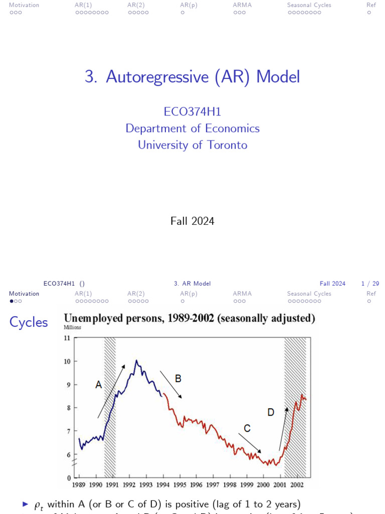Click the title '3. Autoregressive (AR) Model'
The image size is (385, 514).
(192, 77)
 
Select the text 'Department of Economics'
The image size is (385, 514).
(192, 128)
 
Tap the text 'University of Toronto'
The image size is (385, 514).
(192, 145)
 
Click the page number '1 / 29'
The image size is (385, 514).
(370, 284)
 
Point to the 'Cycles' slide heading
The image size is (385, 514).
(29, 322)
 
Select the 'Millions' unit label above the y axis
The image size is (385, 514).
(72, 327)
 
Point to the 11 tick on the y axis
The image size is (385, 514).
(67, 338)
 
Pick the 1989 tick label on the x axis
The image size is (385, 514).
(79, 485)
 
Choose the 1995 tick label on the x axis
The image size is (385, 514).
(179, 485)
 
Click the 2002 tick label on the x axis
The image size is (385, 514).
(297, 485)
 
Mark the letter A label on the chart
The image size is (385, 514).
(99, 385)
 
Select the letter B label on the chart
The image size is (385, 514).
(178, 378)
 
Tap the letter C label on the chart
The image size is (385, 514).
(247, 428)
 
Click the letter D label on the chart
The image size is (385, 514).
(271, 412)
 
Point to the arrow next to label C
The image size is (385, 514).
(249, 443)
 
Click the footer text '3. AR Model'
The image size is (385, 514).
(192, 284)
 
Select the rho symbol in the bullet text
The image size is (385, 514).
(38, 505)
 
